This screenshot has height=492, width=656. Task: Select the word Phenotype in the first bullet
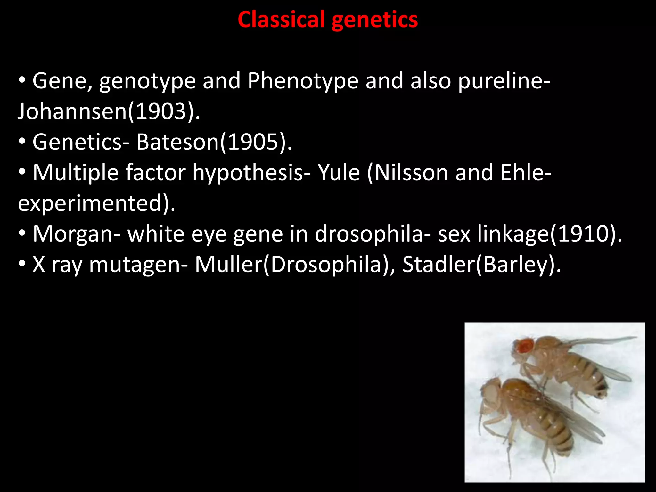(303, 81)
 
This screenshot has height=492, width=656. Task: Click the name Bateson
(177, 142)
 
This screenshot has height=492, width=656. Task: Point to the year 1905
(253, 142)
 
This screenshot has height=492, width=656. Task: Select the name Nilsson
(411, 173)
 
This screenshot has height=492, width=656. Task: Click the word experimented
(90, 203)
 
